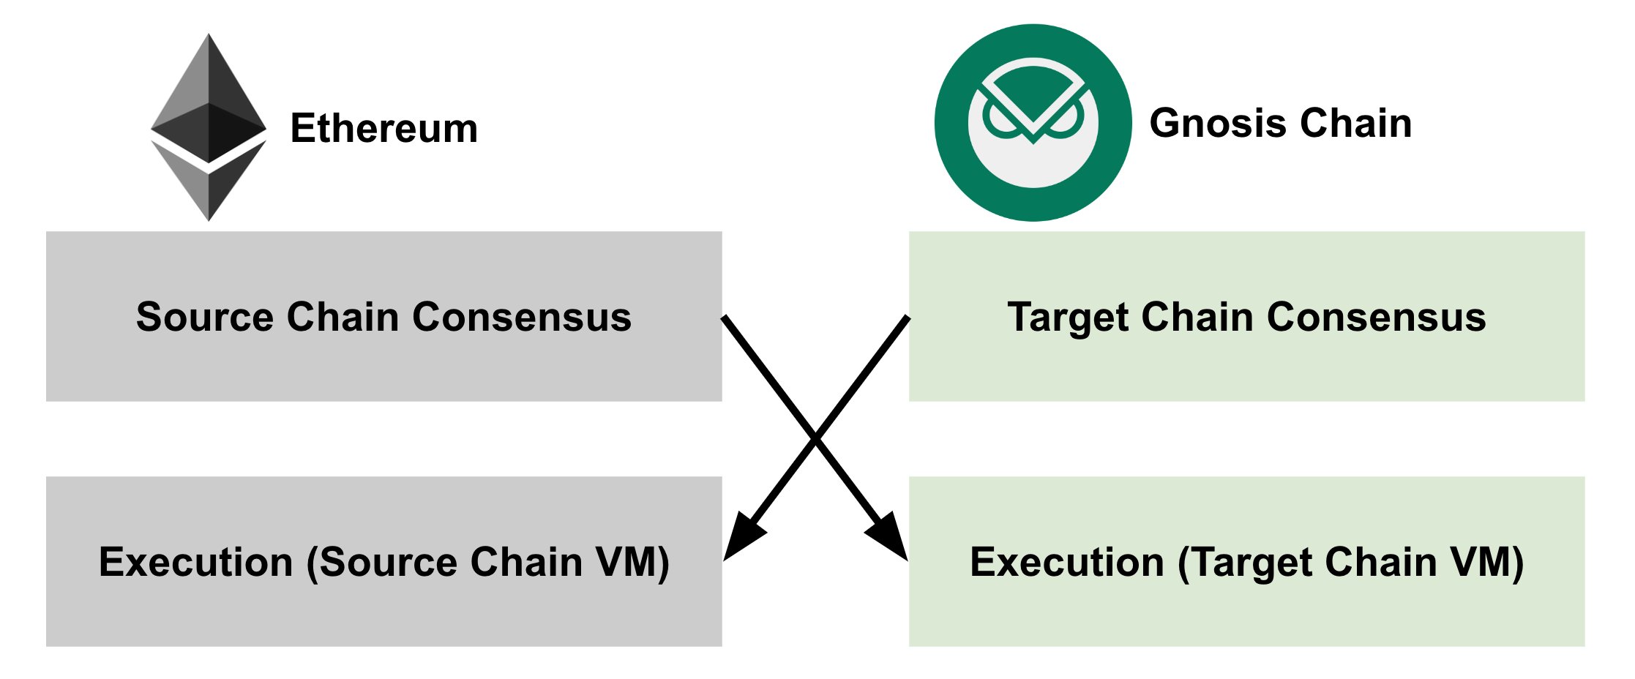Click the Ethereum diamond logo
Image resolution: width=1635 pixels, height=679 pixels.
[209, 127]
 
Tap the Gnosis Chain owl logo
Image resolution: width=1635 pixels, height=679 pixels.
[1033, 123]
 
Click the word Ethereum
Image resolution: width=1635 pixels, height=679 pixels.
[384, 129]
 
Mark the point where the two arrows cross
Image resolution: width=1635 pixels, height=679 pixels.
[815, 439]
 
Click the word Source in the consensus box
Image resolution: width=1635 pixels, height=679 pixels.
[205, 317]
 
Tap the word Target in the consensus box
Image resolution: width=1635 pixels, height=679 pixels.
[1068, 317]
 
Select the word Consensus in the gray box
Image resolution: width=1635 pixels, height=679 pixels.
[521, 317]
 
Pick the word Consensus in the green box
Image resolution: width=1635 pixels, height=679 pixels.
[1376, 317]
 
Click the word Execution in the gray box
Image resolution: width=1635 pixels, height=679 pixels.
[195, 562]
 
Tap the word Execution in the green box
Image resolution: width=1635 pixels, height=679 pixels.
[1066, 562]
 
